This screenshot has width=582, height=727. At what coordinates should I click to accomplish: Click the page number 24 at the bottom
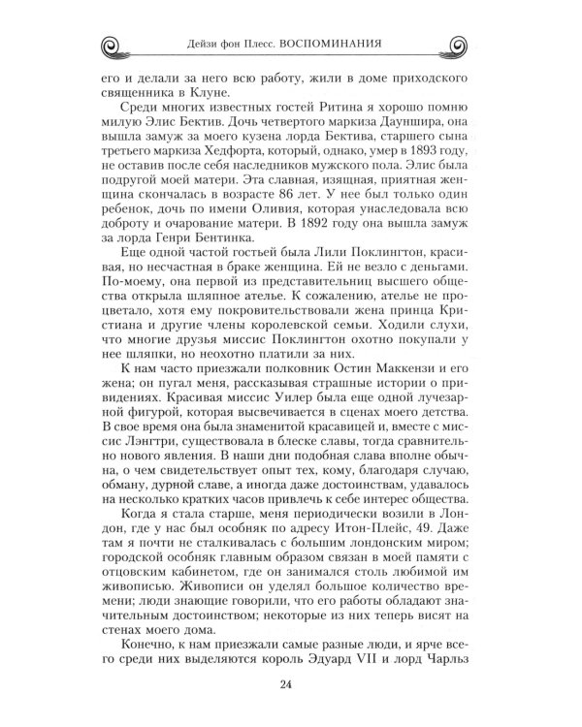(x=291, y=688)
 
